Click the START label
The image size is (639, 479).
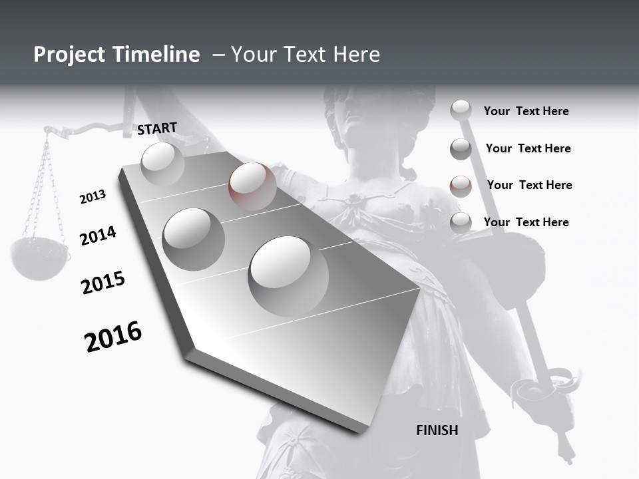tap(158, 128)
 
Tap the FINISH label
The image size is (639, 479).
tap(437, 430)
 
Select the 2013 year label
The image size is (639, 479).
tap(93, 196)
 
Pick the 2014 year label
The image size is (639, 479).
tap(98, 236)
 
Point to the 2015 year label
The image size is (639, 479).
tap(103, 283)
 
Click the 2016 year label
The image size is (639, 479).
tap(113, 336)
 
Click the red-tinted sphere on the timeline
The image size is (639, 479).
tap(252, 186)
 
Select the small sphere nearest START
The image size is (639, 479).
tap(162, 164)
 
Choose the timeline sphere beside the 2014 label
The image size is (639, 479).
tap(193, 239)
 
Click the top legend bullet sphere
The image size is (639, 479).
tap(461, 110)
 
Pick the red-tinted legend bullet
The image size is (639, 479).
tap(461, 186)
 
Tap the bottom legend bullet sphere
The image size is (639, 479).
tap(461, 223)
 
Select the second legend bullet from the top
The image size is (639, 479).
tap(461, 149)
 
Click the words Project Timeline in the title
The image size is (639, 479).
tap(116, 55)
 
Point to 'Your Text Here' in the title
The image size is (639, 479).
tap(306, 55)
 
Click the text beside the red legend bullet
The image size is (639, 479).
tap(529, 185)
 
